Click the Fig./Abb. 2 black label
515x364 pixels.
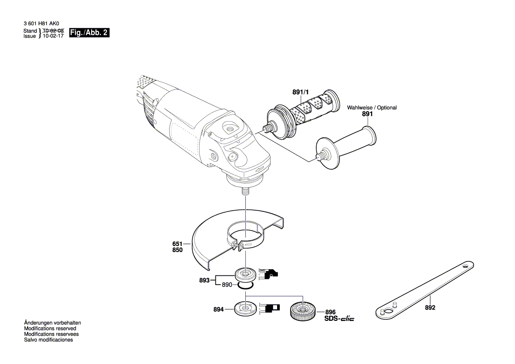[x=89, y=33]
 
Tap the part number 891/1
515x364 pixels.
[x=301, y=92]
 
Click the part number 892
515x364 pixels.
[x=430, y=308]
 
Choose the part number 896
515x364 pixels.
[x=330, y=311]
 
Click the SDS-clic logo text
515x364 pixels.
[x=339, y=319]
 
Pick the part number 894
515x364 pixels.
[x=219, y=310]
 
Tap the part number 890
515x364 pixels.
[x=227, y=285]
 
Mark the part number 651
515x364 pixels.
[x=177, y=244]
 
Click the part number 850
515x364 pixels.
[x=177, y=249]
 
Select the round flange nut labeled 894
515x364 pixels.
[x=244, y=308]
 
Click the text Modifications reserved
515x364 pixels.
[x=50, y=329]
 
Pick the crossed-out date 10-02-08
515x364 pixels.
[x=53, y=31]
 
